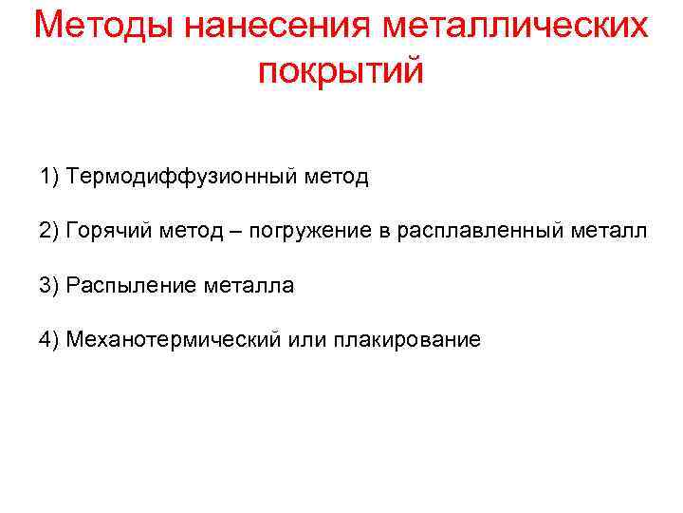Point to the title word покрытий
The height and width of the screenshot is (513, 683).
point(341,71)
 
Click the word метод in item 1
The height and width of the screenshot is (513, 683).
point(338,177)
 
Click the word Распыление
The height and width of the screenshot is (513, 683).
point(132,286)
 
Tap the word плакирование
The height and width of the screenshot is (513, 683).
point(407,340)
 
